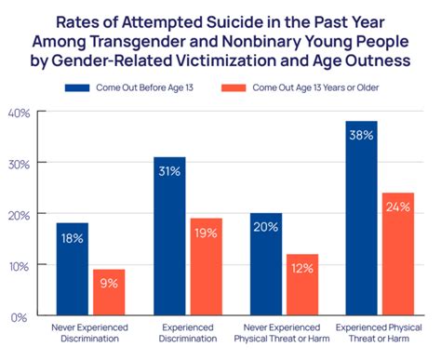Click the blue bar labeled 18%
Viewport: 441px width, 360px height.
coord(72,270)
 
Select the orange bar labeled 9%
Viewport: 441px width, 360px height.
coord(110,292)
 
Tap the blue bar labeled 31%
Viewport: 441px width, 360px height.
coord(169,236)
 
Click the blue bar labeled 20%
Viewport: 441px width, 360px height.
coord(267,264)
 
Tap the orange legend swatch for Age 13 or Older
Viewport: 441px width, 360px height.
coord(235,87)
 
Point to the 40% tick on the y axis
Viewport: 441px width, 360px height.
coord(20,113)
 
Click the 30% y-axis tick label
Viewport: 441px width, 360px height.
coord(20,164)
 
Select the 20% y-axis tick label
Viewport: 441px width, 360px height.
coord(20,215)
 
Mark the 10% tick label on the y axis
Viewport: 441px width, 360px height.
coord(20,266)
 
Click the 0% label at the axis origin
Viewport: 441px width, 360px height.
coord(22,317)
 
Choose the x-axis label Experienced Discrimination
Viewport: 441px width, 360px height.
coord(188,334)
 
